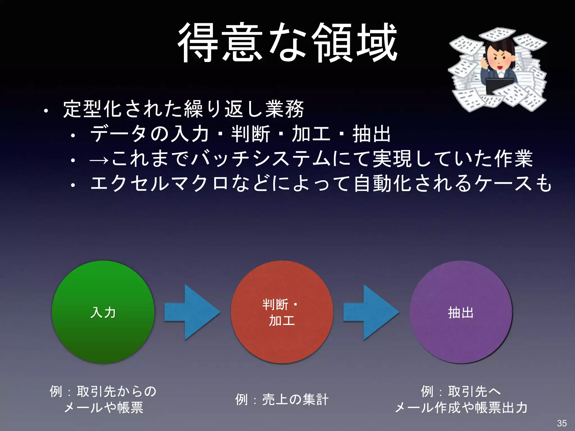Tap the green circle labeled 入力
(x=103, y=312)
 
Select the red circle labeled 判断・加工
(x=282, y=312)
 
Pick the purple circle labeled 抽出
(x=461, y=312)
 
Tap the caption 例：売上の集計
(x=282, y=399)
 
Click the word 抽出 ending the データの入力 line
(x=371, y=134)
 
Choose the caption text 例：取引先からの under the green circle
(x=103, y=391)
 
